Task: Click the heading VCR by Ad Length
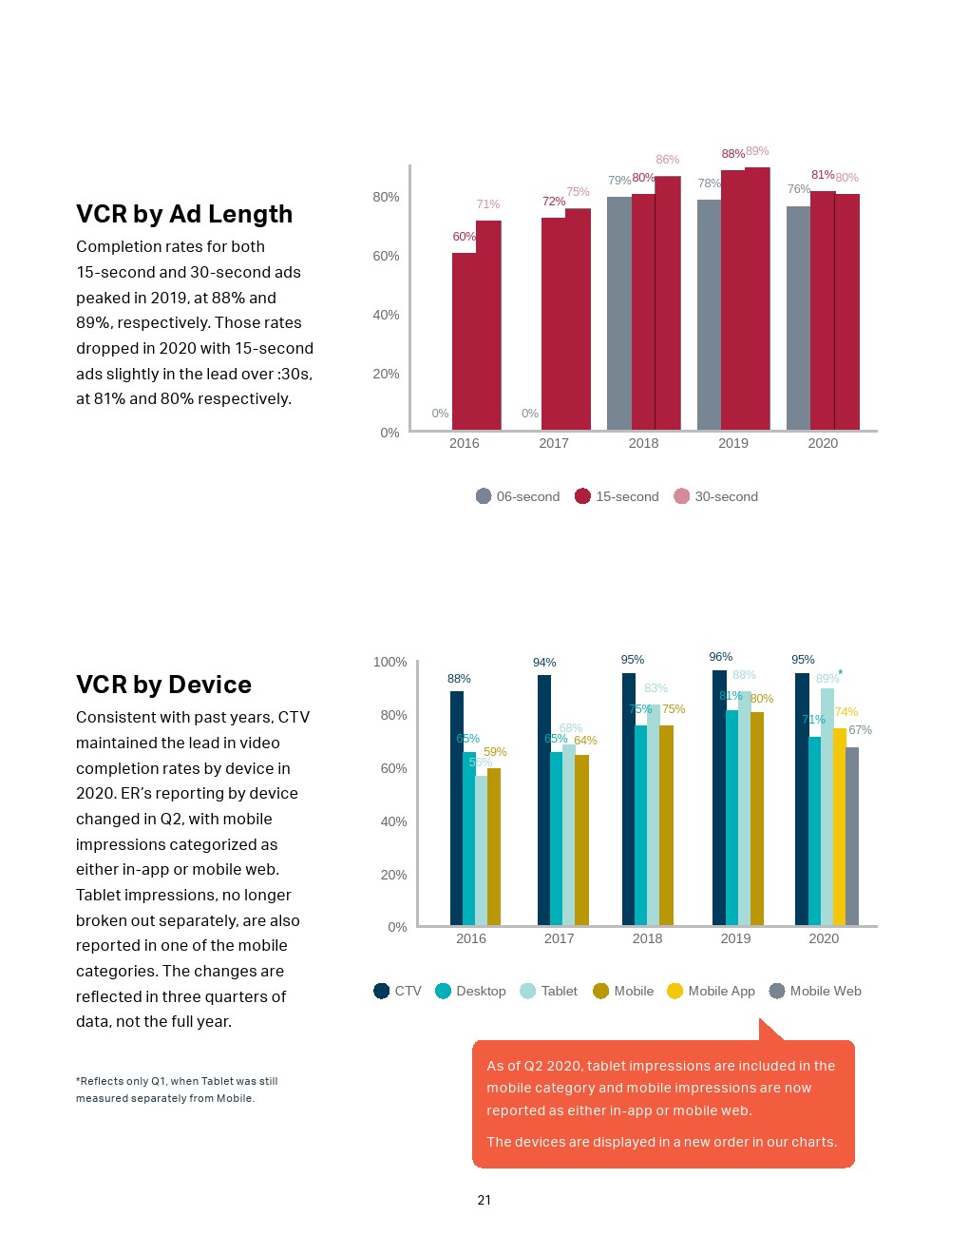(x=184, y=215)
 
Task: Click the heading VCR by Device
(x=163, y=685)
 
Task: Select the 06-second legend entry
(x=518, y=496)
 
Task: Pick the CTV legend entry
(x=397, y=991)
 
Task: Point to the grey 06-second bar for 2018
(x=618, y=314)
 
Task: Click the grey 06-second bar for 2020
(x=798, y=319)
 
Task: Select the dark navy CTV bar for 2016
(x=456, y=808)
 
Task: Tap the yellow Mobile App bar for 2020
(x=839, y=827)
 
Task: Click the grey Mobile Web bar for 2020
(x=852, y=837)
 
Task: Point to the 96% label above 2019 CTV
(x=721, y=657)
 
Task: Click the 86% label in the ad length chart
(x=668, y=160)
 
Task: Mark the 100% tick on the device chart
(x=389, y=662)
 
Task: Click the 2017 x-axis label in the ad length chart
(x=554, y=443)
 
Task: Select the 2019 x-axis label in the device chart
(x=735, y=938)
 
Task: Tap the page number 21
(x=484, y=1200)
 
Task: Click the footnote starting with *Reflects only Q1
(x=177, y=1090)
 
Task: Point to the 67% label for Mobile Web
(x=860, y=730)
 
